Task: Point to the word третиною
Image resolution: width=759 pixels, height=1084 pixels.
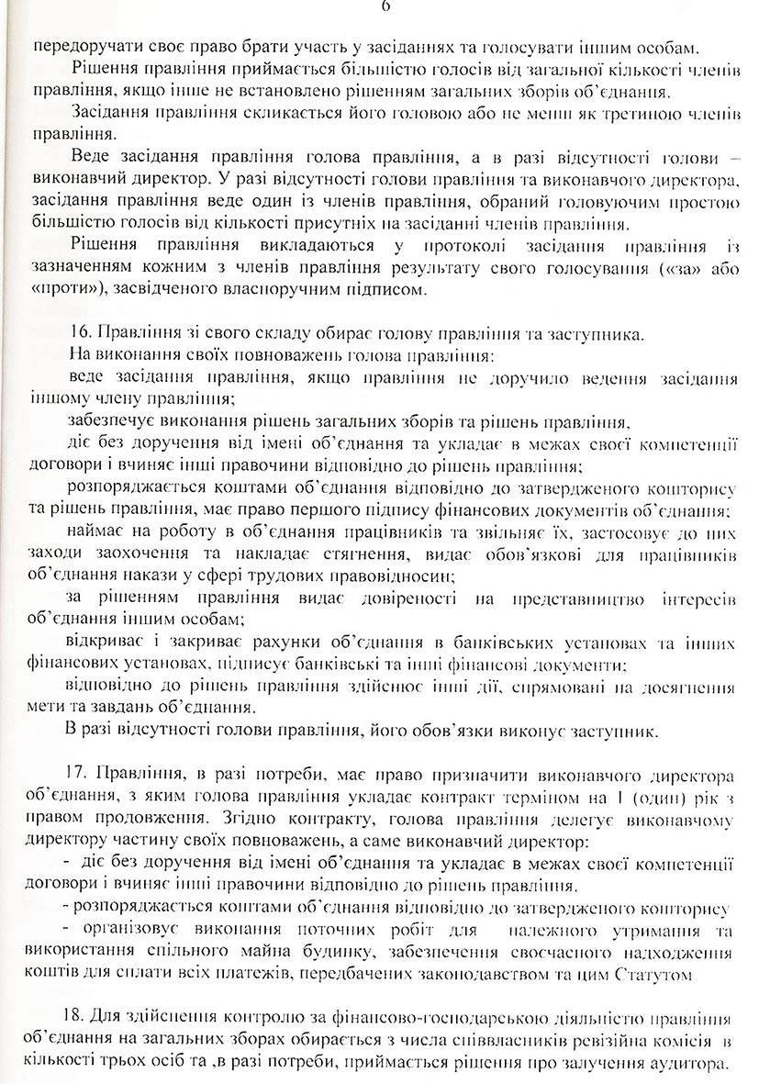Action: [x=631, y=113]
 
